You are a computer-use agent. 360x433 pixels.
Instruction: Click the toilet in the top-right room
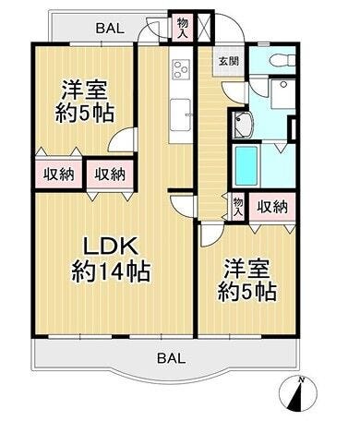pyautogui.click(x=282, y=60)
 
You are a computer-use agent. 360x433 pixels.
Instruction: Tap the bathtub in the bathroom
pyautogui.click(x=246, y=165)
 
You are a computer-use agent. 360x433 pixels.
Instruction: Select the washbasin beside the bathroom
pyautogui.click(x=243, y=125)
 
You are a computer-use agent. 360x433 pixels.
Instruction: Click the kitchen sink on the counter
pyautogui.click(x=181, y=114)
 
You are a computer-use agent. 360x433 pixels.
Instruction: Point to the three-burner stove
pyautogui.click(x=181, y=70)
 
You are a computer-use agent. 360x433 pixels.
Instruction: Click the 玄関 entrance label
pyautogui.click(x=229, y=62)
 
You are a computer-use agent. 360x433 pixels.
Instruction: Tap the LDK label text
pyautogui.click(x=111, y=247)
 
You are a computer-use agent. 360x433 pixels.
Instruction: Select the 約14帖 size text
pyautogui.click(x=111, y=271)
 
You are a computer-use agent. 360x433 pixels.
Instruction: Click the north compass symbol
pyautogui.click(x=297, y=393)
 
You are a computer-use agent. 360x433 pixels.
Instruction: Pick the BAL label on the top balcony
pyautogui.click(x=110, y=29)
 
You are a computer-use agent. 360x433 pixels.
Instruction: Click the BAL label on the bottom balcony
pyautogui.click(x=172, y=358)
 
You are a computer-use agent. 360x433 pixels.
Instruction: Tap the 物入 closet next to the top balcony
pyautogui.click(x=182, y=28)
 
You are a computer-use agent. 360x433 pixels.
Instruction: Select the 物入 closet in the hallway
pyautogui.click(x=238, y=207)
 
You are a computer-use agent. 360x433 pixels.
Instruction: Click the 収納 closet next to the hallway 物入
pyautogui.click(x=272, y=207)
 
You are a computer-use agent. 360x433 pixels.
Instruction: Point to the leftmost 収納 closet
pyautogui.click(x=58, y=174)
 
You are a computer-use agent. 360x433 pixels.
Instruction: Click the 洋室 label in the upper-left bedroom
pyautogui.click(x=85, y=90)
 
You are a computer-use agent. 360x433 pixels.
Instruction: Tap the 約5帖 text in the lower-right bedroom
pyautogui.click(x=247, y=293)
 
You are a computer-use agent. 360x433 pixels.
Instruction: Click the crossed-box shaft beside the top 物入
pyautogui.click(x=205, y=27)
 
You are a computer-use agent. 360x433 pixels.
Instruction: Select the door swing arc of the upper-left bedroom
pyautogui.click(x=122, y=139)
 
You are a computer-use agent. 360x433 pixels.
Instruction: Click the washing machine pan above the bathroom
pyautogui.click(x=282, y=94)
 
